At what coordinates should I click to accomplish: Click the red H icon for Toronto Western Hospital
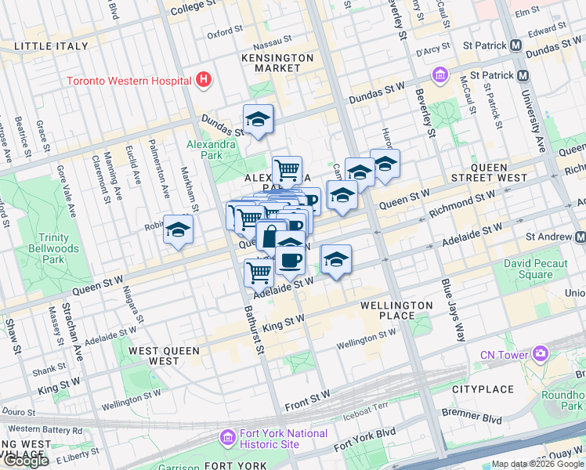204,79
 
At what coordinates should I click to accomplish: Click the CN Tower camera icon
540,354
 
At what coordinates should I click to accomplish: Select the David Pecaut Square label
535,269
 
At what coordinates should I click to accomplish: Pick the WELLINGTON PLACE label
396,310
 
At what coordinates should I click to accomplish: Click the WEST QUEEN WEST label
165,356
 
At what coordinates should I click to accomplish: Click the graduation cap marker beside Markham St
178,230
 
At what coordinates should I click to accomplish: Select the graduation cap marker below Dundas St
258,120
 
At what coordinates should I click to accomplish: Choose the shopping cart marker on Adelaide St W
259,273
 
